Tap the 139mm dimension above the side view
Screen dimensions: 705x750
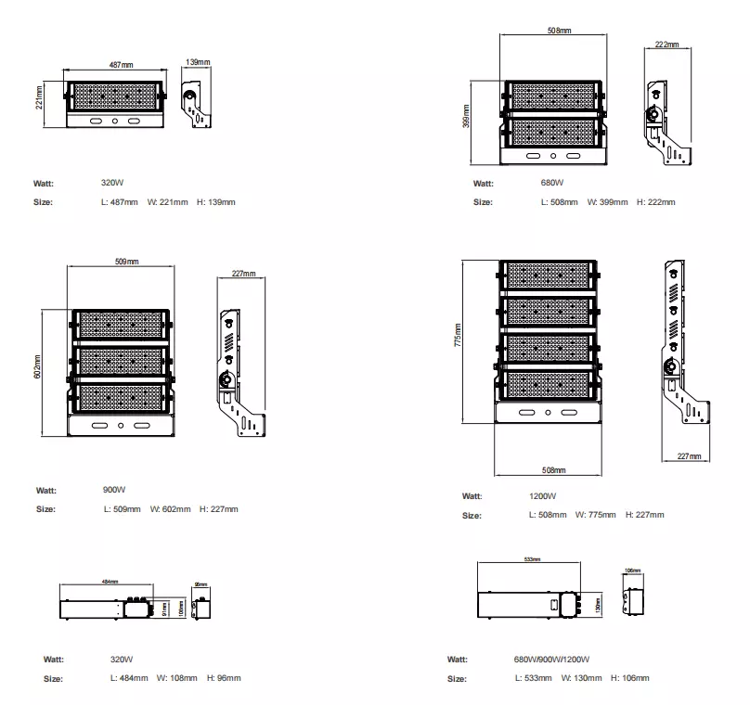click(x=198, y=62)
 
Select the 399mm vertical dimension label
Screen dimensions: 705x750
click(x=467, y=115)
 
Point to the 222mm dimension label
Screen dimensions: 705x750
click(x=666, y=45)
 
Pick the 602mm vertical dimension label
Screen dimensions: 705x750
click(x=38, y=368)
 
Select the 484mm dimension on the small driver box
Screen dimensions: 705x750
click(x=109, y=582)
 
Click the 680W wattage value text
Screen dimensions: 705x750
click(x=551, y=184)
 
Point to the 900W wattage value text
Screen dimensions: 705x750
click(x=114, y=490)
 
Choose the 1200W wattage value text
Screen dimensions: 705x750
click(x=543, y=496)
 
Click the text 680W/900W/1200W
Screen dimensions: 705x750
click(x=551, y=660)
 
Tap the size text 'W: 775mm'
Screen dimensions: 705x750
click(x=595, y=515)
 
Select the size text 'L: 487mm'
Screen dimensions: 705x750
click(x=119, y=202)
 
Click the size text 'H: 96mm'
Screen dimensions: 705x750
click(x=224, y=679)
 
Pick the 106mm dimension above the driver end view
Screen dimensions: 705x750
click(x=633, y=570)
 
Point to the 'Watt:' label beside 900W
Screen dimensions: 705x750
click(x=46, y=490)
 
